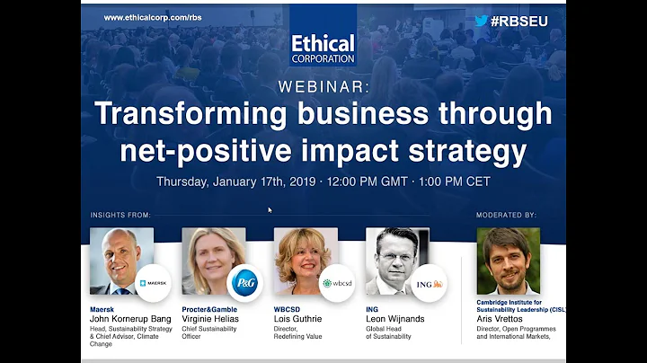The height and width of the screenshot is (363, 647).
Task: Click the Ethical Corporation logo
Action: [323, 49]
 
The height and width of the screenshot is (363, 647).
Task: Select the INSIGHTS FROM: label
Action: [120, 216]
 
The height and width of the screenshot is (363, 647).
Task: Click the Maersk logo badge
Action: [152, 284]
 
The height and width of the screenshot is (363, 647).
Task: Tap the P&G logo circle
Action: [244, 283]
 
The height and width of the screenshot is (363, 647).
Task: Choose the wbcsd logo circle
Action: [337, 283]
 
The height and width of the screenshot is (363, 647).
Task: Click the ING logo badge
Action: [430, 284]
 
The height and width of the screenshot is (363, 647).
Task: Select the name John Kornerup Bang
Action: [129, 319]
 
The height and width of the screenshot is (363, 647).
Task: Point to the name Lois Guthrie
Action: [298, 319]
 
